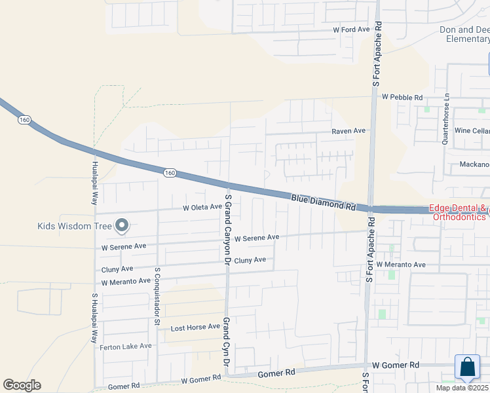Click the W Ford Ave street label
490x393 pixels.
click(x=352, y=30)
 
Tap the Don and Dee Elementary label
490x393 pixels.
click(x=464, y=34)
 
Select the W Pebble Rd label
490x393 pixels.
click(x=402, y=97)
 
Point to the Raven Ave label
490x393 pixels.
click(x=349, y=131)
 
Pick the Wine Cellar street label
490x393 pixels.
click(x=472, y=131)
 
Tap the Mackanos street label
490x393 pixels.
click(x=474, y=164)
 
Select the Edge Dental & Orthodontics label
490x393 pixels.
click(x=459, y=212)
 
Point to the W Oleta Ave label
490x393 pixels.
click(x=202, y=208)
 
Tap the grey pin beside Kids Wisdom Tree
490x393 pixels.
click(x=122, y=227)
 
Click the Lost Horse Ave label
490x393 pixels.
click(x=195, y=327)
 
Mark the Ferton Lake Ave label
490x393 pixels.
click(x=125, y=346)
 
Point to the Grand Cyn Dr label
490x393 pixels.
click(x=226, y=343)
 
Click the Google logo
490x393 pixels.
click(x=22, y=385)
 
